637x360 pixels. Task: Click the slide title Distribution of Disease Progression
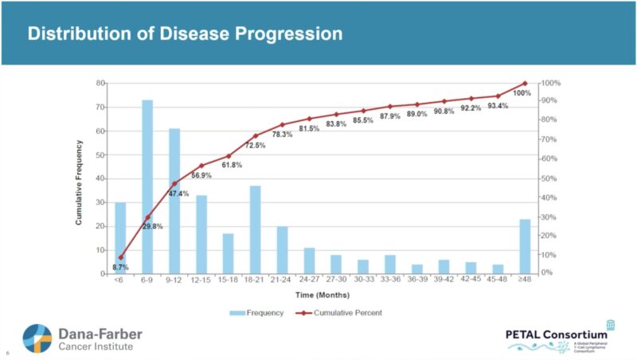185,34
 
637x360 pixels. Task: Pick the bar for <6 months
120,237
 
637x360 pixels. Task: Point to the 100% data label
522,93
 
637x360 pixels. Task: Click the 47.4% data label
179,194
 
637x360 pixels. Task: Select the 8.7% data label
120,267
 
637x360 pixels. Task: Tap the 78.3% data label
282,135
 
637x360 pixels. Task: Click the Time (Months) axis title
322,295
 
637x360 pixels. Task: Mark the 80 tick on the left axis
101,83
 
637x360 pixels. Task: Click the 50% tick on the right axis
547,178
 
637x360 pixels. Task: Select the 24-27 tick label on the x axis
309,280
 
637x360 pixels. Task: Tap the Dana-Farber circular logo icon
37,338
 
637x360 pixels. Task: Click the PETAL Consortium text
557,334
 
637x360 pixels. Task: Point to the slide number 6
7,353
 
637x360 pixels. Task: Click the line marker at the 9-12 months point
174,183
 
